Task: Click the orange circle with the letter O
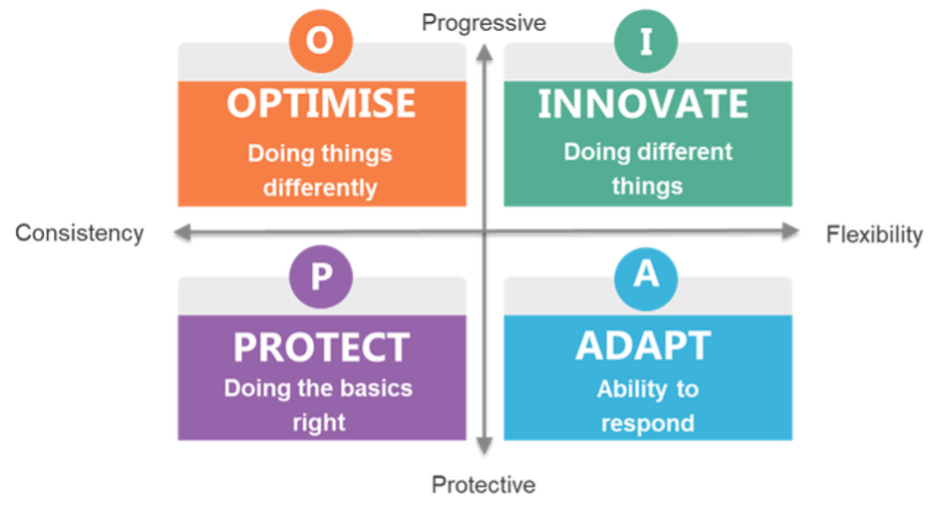321,41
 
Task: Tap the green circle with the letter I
646,41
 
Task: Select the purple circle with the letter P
321,276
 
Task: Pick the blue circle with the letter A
646,278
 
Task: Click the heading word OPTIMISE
321,103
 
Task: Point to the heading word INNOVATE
643,104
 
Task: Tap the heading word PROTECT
322,347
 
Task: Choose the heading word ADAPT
643,345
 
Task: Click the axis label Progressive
483,23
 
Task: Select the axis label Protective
483,484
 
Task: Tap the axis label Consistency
79,233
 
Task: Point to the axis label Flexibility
874,235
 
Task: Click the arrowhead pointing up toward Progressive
484,52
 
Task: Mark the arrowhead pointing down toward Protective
484,446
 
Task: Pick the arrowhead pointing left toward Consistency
182,233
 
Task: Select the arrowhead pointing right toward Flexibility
790,232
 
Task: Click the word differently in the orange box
320,188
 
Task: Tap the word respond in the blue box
648,424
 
